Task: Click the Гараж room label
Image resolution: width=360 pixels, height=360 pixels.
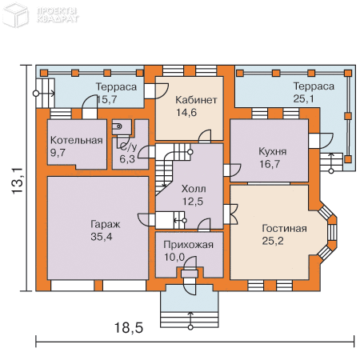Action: pyautogui.click(x=106, y=224)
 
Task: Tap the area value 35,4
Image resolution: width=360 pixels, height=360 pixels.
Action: pyautogui.click(x=102, y=237)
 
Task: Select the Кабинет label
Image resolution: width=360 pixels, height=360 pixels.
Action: pyautogui.click(x=196, y=100)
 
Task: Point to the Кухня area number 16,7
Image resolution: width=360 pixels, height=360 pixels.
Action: pyautogui.click(x=270, y=164)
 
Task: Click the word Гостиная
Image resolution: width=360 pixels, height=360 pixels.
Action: pyautogui.click(x=284, y=229)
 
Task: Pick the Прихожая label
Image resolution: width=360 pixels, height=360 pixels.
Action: pyautogui.click(x=188, y=245)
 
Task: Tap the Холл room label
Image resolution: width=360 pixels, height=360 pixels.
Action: pyautogui.click(x=194, y=189)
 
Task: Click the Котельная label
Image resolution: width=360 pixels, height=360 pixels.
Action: pyautogui.click(x=77, y=140)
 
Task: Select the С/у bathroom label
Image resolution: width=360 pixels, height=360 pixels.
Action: pyautogui.click(x=128, y=146)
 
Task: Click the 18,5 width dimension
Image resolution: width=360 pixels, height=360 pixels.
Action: pyautogui.click(x=129, y=327)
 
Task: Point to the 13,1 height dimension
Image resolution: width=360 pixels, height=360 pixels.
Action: pyautogui.click(x=18, y=181)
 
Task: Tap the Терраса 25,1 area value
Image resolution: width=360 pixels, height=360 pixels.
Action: pyautogui.click(x=303, y=98)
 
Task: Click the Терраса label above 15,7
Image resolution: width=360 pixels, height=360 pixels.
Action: pyautogui.click(x=116, y=86)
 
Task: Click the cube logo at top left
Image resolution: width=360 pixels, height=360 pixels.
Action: pyautogui.click(x=15, y=14)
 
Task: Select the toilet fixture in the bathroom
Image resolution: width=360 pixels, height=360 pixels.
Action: pyautogui.click(x=118, y=126)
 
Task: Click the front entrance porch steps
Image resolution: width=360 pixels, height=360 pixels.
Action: pyautogui.click(x=190, y=319)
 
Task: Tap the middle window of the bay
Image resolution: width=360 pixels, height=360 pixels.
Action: pyautogui.click(x=333, y=232)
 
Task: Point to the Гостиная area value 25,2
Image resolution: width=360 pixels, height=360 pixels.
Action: pyautogui.click(x=273, y=241)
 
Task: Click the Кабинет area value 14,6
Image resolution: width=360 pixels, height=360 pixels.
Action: pyautogui.click(x=186, y=112)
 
